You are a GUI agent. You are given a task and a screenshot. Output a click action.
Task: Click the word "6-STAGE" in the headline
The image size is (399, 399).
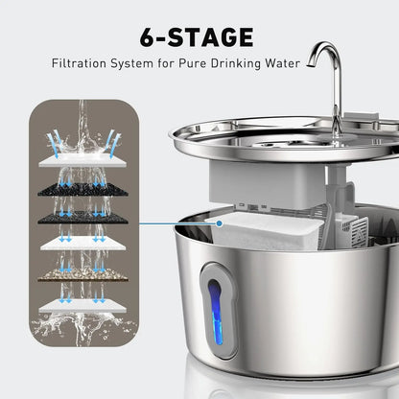click(198, 37)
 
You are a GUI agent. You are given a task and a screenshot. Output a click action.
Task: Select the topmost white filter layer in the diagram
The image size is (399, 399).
click(84, 162)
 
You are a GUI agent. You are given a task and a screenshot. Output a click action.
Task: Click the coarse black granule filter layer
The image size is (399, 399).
click(84, 190)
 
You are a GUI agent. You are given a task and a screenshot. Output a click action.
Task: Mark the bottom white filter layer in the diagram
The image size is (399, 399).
click(84, 304)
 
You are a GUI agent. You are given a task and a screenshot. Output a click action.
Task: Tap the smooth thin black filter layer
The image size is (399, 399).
click(84, 218)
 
